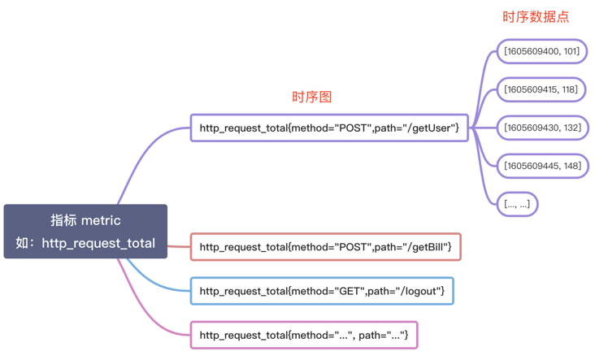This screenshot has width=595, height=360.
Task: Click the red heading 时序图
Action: (x=311, y=97)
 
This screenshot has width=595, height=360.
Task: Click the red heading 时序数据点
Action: (x=536, y=17)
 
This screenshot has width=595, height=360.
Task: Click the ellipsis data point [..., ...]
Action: (x=517, y=204)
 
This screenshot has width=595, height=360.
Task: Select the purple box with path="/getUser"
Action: (x=329, y=128)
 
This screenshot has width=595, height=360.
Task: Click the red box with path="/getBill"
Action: (x=326, y=247)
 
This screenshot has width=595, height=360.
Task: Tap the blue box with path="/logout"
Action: (x=322, y=291)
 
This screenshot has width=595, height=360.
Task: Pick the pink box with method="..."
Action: (x=303, y=335)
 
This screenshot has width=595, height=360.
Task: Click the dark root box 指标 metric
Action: (x=85, y=232)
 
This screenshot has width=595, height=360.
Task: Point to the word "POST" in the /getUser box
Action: (x=353, y=128)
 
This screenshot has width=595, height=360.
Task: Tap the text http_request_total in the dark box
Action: (x=98, y=243)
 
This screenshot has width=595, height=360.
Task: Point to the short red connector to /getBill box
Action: (x=179, y=246)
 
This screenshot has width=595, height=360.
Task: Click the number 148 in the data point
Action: (x=571, y=166)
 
